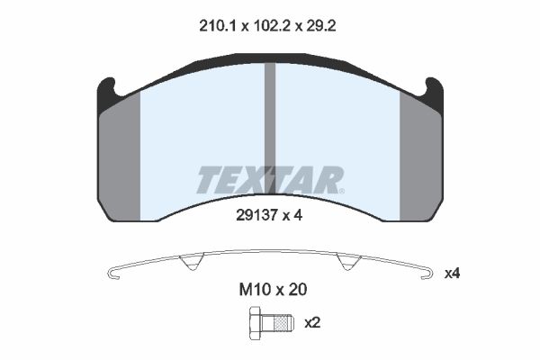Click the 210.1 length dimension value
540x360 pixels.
pos(217,26)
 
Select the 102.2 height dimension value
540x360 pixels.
pos(271,26)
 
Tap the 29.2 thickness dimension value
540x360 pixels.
pos(321,26)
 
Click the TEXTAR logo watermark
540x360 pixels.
pos(270,180)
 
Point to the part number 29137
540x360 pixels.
pos(256,216)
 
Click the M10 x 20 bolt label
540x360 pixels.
pos(273,290)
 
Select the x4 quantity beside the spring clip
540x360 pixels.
pos(452,274)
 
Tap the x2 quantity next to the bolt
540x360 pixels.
pos(312,323)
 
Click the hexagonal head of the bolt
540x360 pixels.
pos(256,323)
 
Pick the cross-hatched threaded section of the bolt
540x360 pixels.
pos(281,323)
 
